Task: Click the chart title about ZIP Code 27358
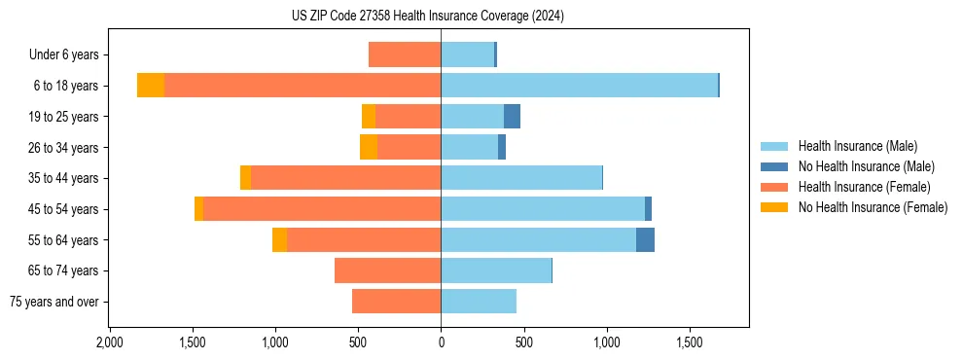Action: (427, 17)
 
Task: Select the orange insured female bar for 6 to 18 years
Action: (303, 86)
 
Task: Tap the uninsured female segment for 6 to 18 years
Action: (151, 86)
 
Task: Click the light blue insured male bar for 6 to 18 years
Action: (579, 86)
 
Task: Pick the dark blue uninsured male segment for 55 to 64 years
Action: (645, 239)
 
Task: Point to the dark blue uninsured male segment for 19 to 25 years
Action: (512, 117)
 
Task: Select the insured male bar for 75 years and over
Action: (479, 302)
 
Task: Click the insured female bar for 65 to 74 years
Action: (387, 270)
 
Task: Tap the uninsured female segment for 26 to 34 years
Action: (369, 147)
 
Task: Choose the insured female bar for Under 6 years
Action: (405, 54)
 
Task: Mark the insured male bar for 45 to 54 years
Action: (543, 209)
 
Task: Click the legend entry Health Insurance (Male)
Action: (857, 146)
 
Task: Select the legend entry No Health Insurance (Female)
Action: (873, 207)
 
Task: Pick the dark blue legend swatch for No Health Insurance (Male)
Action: (775, 166)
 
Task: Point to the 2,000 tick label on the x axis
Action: (109, 342)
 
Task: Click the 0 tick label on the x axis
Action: (441, 342)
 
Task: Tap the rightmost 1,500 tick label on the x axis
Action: (690, 342)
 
